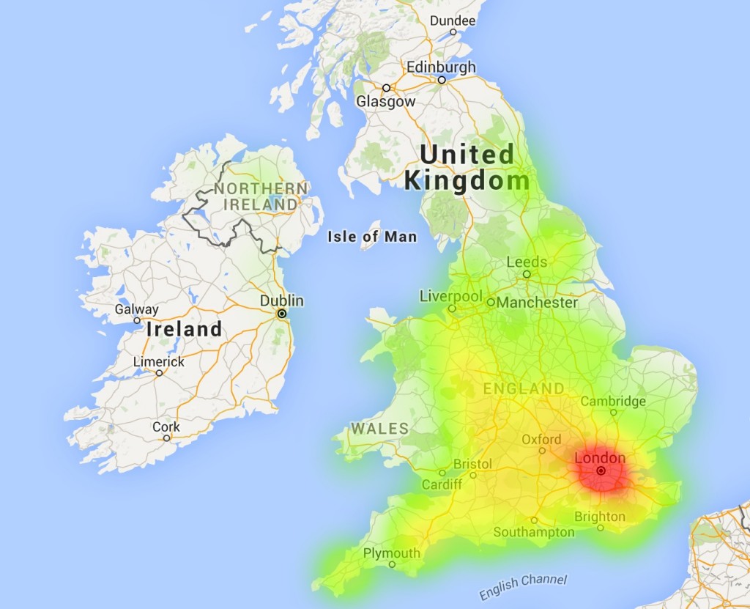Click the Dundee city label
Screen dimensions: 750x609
452,21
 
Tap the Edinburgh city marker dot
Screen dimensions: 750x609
442,81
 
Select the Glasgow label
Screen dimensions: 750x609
385,102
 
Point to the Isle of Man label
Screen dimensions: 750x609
372,236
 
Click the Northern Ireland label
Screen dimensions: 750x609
261,196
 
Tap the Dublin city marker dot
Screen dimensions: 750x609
281,314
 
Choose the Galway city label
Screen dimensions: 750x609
136,309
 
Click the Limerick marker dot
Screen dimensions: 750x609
159,373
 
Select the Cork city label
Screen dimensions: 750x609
166,427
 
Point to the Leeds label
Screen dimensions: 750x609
527,262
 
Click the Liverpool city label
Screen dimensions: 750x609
451,296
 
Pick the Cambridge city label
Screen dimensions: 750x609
613,401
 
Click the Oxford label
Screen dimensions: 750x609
541,439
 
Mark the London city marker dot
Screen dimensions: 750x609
601,471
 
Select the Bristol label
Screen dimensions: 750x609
472,464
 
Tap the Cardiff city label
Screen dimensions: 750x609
442,484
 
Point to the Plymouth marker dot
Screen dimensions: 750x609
392,564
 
